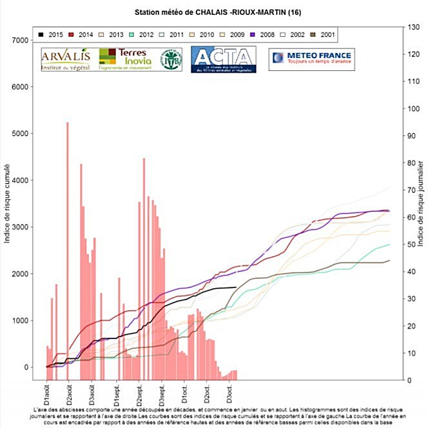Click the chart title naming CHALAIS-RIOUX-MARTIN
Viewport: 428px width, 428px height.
[x=213, y=12]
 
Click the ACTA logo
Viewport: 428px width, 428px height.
[x=223, y=59]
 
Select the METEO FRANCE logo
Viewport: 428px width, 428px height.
[x=309, y=59]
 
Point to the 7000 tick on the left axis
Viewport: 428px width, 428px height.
[x=22, y=41]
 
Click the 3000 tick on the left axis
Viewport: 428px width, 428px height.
[x=22, y=227]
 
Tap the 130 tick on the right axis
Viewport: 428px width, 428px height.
[x=411, y=27]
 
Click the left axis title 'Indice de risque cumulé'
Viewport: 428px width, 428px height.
[x=8, y=204]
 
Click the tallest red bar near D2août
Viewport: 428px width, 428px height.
[x=68, y=245]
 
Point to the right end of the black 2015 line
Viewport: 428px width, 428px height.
[x=237, y=287]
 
